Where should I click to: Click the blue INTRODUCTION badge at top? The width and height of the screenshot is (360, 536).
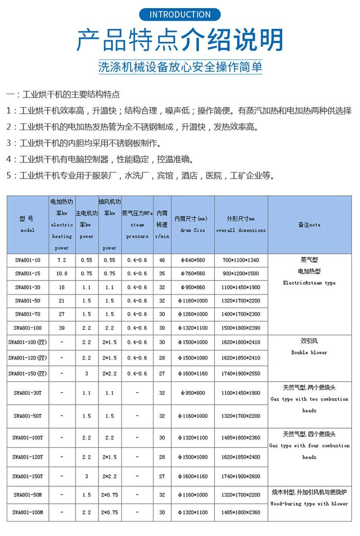click(x=180, y=14)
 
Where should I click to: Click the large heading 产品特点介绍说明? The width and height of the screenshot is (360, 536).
click(x=180, y=40)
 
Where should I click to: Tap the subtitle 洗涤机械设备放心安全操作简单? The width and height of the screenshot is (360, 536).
click(x=180, y=67)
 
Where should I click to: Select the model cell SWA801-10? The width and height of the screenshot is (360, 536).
click(x=28, y=260)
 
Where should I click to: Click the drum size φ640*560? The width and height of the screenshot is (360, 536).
click(x=192, y=260)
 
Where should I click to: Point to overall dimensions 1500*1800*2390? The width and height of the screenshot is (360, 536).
click(x=240, y=328)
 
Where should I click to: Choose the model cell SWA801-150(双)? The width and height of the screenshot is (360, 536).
click(x=28, y=374)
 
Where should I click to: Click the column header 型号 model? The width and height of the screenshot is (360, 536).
click(x=28, y=224)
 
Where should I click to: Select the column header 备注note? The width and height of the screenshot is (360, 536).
click(x=309, y=225)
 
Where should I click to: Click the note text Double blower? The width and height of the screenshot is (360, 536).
click(x=309, y=353)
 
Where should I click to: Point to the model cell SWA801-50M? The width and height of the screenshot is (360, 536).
click(x=28, y=495)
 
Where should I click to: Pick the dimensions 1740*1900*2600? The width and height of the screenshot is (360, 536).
click(x=240, y=476)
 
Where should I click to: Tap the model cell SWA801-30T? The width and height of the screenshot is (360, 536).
click(x=28, y=393)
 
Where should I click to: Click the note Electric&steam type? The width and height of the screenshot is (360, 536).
click(x=309, y=283)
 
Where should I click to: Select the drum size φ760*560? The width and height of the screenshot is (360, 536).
click(x=192, y=274)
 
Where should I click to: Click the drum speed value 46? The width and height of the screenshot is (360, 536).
click(x=162, y=260)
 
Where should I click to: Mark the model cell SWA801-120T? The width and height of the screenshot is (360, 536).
click(x=28, y=457)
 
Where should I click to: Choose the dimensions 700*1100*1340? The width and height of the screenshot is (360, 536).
click(x=240, y=260)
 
